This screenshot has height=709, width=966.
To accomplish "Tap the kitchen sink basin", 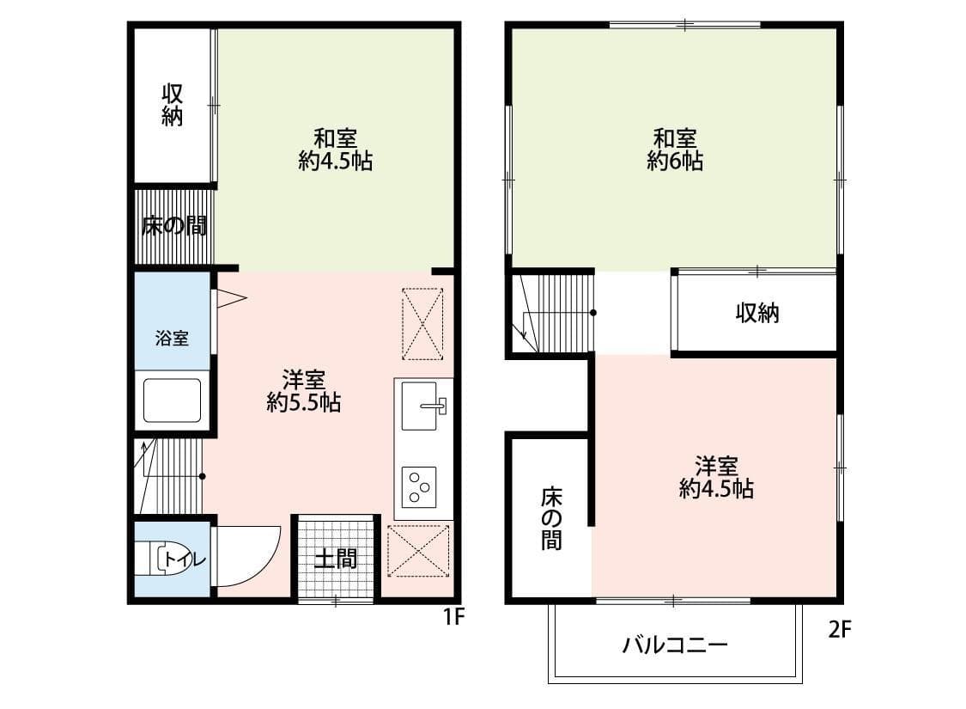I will tap(423, 403).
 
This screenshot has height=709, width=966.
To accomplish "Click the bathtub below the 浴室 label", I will tap(172, 400).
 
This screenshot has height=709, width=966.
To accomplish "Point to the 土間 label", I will tap(335, 559).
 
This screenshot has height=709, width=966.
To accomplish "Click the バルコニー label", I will tap(675, 645).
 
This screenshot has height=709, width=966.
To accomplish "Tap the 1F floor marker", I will tap(453, 616).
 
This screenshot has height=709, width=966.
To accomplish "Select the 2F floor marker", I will tap(840, 630).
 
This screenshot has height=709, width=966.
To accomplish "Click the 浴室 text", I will tap(172, 338).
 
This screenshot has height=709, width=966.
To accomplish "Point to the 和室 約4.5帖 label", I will tap(335, 149).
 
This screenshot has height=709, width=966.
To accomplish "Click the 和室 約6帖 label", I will tap(675, 149).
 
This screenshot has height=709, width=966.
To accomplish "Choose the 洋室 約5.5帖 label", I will tap(303, 390).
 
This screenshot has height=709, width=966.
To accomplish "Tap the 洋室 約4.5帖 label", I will tap(716, 477).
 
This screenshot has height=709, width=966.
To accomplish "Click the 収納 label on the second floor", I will tap(757, 314).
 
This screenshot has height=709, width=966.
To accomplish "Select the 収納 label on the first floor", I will tap(173, 105).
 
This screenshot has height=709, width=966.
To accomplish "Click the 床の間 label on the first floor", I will tap(173, 226).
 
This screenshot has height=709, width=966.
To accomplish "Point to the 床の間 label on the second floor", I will tap(550, 518).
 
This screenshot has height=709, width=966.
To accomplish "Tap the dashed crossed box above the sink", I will tap(422, 323).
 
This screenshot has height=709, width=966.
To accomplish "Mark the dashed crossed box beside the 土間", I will tap(418, 549).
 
